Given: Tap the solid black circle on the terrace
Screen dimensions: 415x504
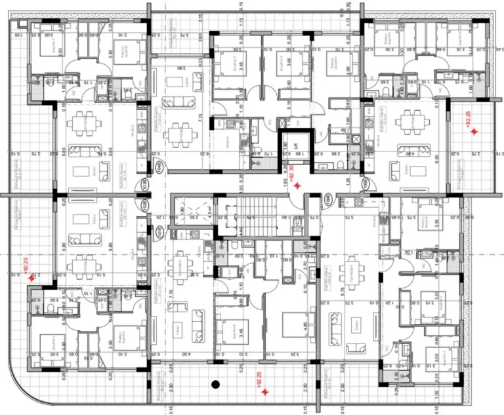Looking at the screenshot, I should pos(214,384).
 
